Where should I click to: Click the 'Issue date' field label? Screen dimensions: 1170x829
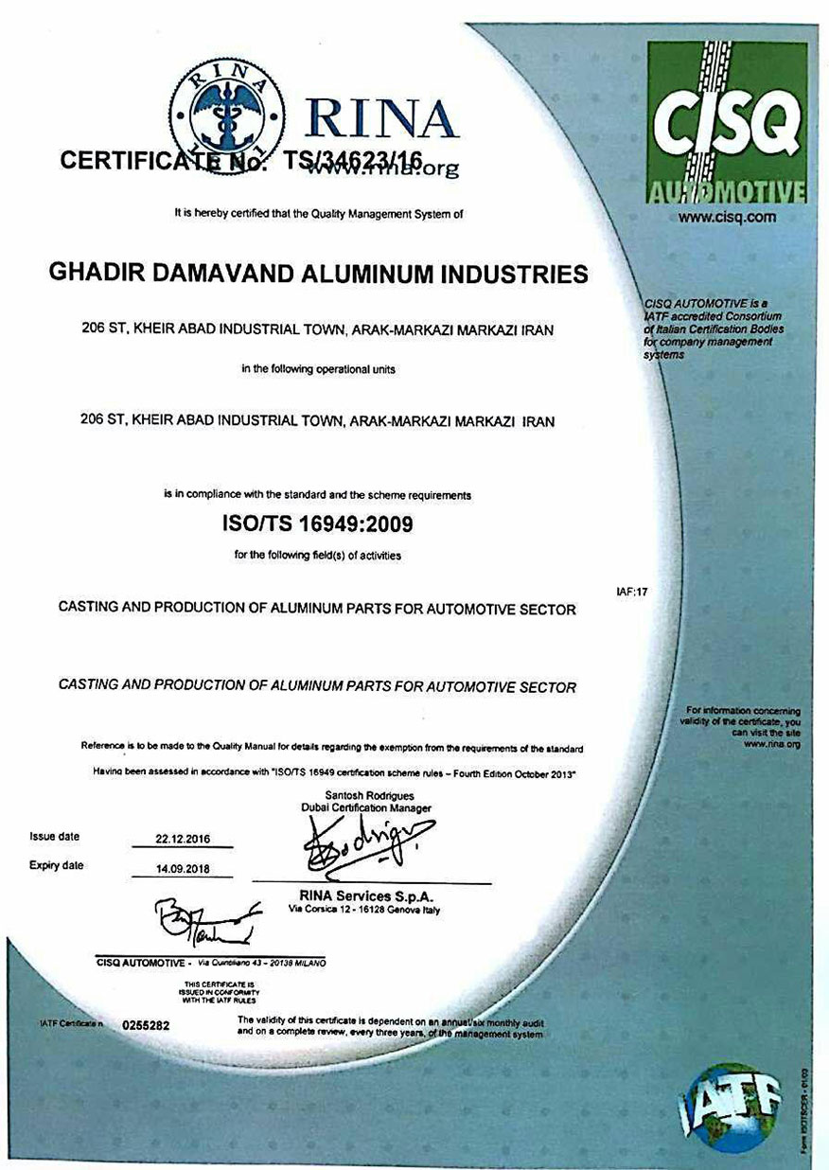[x=55, y=837]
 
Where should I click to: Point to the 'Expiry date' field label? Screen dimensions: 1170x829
[x=57, y=865]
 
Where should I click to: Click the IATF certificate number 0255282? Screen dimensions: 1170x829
[x=146, y=1025]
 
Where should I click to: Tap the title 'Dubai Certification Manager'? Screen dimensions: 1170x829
[x=366, y=808]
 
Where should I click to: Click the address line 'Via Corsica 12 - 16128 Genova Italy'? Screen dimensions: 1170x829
[x=365, y=909]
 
